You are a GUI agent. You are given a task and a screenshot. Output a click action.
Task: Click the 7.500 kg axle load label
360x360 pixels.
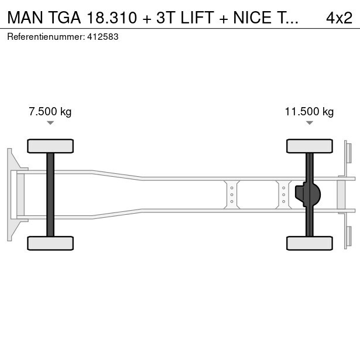point(50,112)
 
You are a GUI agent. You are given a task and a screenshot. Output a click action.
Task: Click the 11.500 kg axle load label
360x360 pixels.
point(309,112)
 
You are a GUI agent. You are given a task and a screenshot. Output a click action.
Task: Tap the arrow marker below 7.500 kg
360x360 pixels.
point(50,123)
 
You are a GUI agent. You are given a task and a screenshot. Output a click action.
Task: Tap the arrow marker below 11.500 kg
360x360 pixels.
point(310,123)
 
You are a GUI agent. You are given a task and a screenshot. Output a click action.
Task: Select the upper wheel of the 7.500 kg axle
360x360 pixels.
point(50,146)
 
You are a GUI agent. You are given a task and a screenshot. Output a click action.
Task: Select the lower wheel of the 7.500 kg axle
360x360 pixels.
point(50,243)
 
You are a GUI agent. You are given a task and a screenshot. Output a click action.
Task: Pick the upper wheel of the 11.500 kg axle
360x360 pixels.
point(310,146)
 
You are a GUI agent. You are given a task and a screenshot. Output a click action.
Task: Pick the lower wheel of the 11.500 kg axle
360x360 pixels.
point(310,243)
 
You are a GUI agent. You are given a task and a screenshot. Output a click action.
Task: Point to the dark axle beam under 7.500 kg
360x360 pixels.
point(50,194)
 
